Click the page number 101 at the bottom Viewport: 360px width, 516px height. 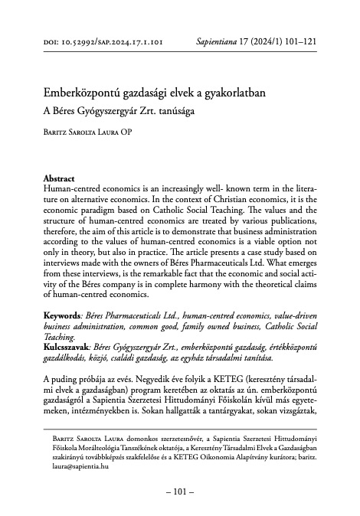point(179,491)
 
